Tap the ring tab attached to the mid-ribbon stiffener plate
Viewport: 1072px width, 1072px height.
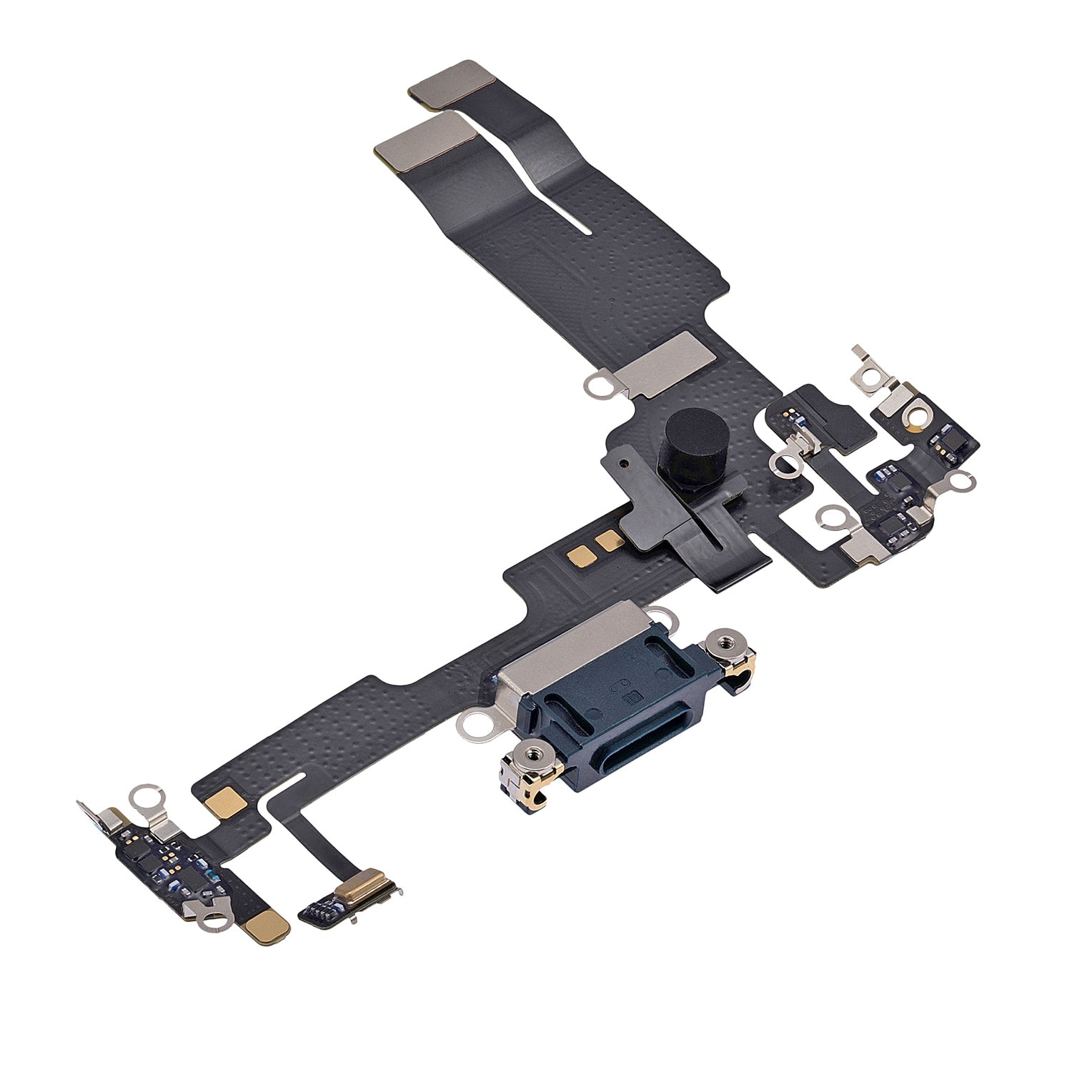pyautogui.click(x=595, y=387)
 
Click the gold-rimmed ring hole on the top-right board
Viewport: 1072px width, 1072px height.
pyautogui.click(x=914, y=417)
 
